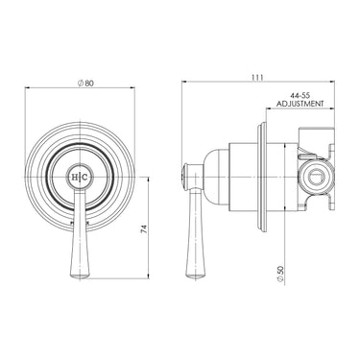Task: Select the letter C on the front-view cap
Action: point(82,179)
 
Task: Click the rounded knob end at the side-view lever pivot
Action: point(184,178)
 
